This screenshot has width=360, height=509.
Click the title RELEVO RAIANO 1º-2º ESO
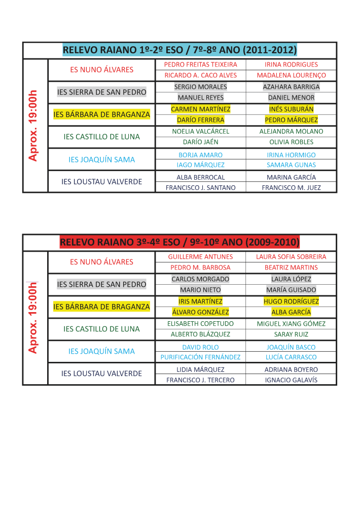(x=179, y=50)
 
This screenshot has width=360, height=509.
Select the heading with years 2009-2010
(x=179, y=242)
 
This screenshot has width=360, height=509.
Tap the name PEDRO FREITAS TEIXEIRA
(x=200, y=65)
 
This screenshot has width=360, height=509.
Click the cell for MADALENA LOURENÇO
(x=291, y=75)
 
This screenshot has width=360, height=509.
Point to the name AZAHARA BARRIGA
(x=291, y=87)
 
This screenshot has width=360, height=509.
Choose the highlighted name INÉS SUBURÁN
(x=291, y=109)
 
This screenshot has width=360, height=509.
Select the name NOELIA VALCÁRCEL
(x=200, y=131)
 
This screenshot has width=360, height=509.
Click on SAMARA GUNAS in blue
(x=291, y=165)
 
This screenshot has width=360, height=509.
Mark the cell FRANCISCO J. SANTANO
(x=200, y=188)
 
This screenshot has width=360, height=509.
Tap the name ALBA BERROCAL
(x=200, y=178)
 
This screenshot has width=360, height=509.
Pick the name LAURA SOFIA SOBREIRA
(x=291, y=257)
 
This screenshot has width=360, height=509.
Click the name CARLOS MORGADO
(x=200, y=279)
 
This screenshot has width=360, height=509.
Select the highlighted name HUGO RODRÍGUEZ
(x=291, y=301)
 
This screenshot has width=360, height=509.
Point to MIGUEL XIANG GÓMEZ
(x=291, y=324)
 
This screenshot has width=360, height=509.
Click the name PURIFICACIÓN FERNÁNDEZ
(x=200, y=357)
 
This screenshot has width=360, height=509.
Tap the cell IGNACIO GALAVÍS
(x=291, y=380)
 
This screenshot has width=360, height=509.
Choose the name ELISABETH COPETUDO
(x=200, y=324)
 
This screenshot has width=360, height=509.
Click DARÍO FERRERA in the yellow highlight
(x=200, y=120)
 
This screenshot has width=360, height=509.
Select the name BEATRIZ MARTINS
(x=291, y=267)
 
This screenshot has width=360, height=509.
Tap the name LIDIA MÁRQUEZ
(x=200, y=370)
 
